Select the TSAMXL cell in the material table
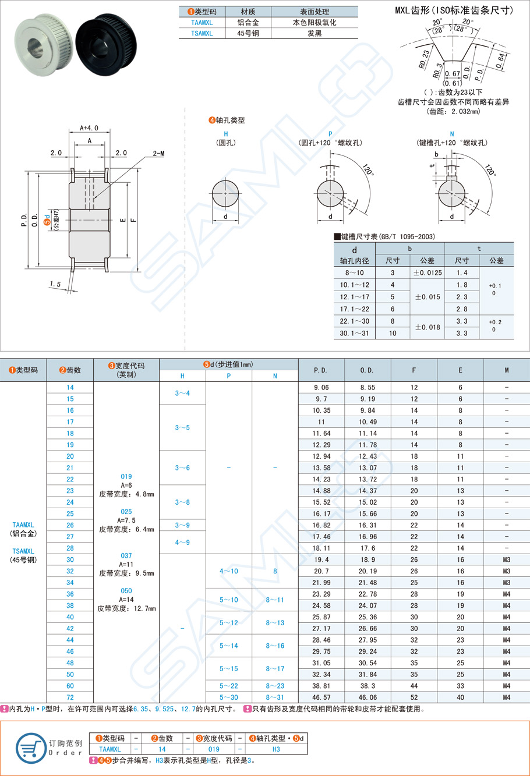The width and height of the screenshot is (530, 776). point(202,34)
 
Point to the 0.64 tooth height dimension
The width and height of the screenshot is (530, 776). point(500,61)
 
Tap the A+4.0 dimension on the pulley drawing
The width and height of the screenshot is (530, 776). point(89,127)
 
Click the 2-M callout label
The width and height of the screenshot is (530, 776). point(158,153)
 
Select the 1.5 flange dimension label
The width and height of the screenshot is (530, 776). point(55,284)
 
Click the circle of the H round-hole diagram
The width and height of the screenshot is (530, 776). point(225,193)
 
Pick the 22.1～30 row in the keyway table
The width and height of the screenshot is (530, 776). point(355,321)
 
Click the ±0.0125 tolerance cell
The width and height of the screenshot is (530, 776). point(427,272)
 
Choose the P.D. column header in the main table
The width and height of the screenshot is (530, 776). point(321,370)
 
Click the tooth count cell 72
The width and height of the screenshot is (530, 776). point(70,697)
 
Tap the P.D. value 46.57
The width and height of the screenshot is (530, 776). point(321,697)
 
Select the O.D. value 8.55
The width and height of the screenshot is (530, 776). point(368,388)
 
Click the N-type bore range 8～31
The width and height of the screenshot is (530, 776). point(275,697)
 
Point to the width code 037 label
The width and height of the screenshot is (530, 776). point(126,556)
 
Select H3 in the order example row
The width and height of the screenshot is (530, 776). point(276,749)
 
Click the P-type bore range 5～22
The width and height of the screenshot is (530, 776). point(228,686)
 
